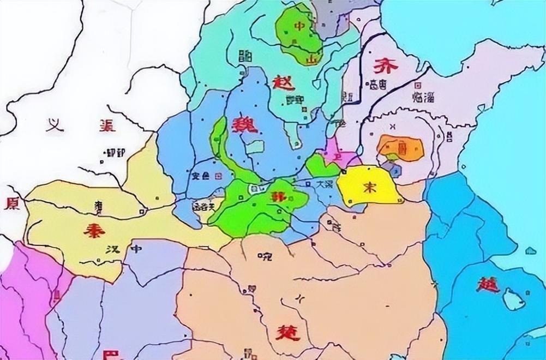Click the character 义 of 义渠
tap(53, 127)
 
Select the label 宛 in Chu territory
tap(266, 255)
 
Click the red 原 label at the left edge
tap(11, 203)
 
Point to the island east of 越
tap(511, 298)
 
